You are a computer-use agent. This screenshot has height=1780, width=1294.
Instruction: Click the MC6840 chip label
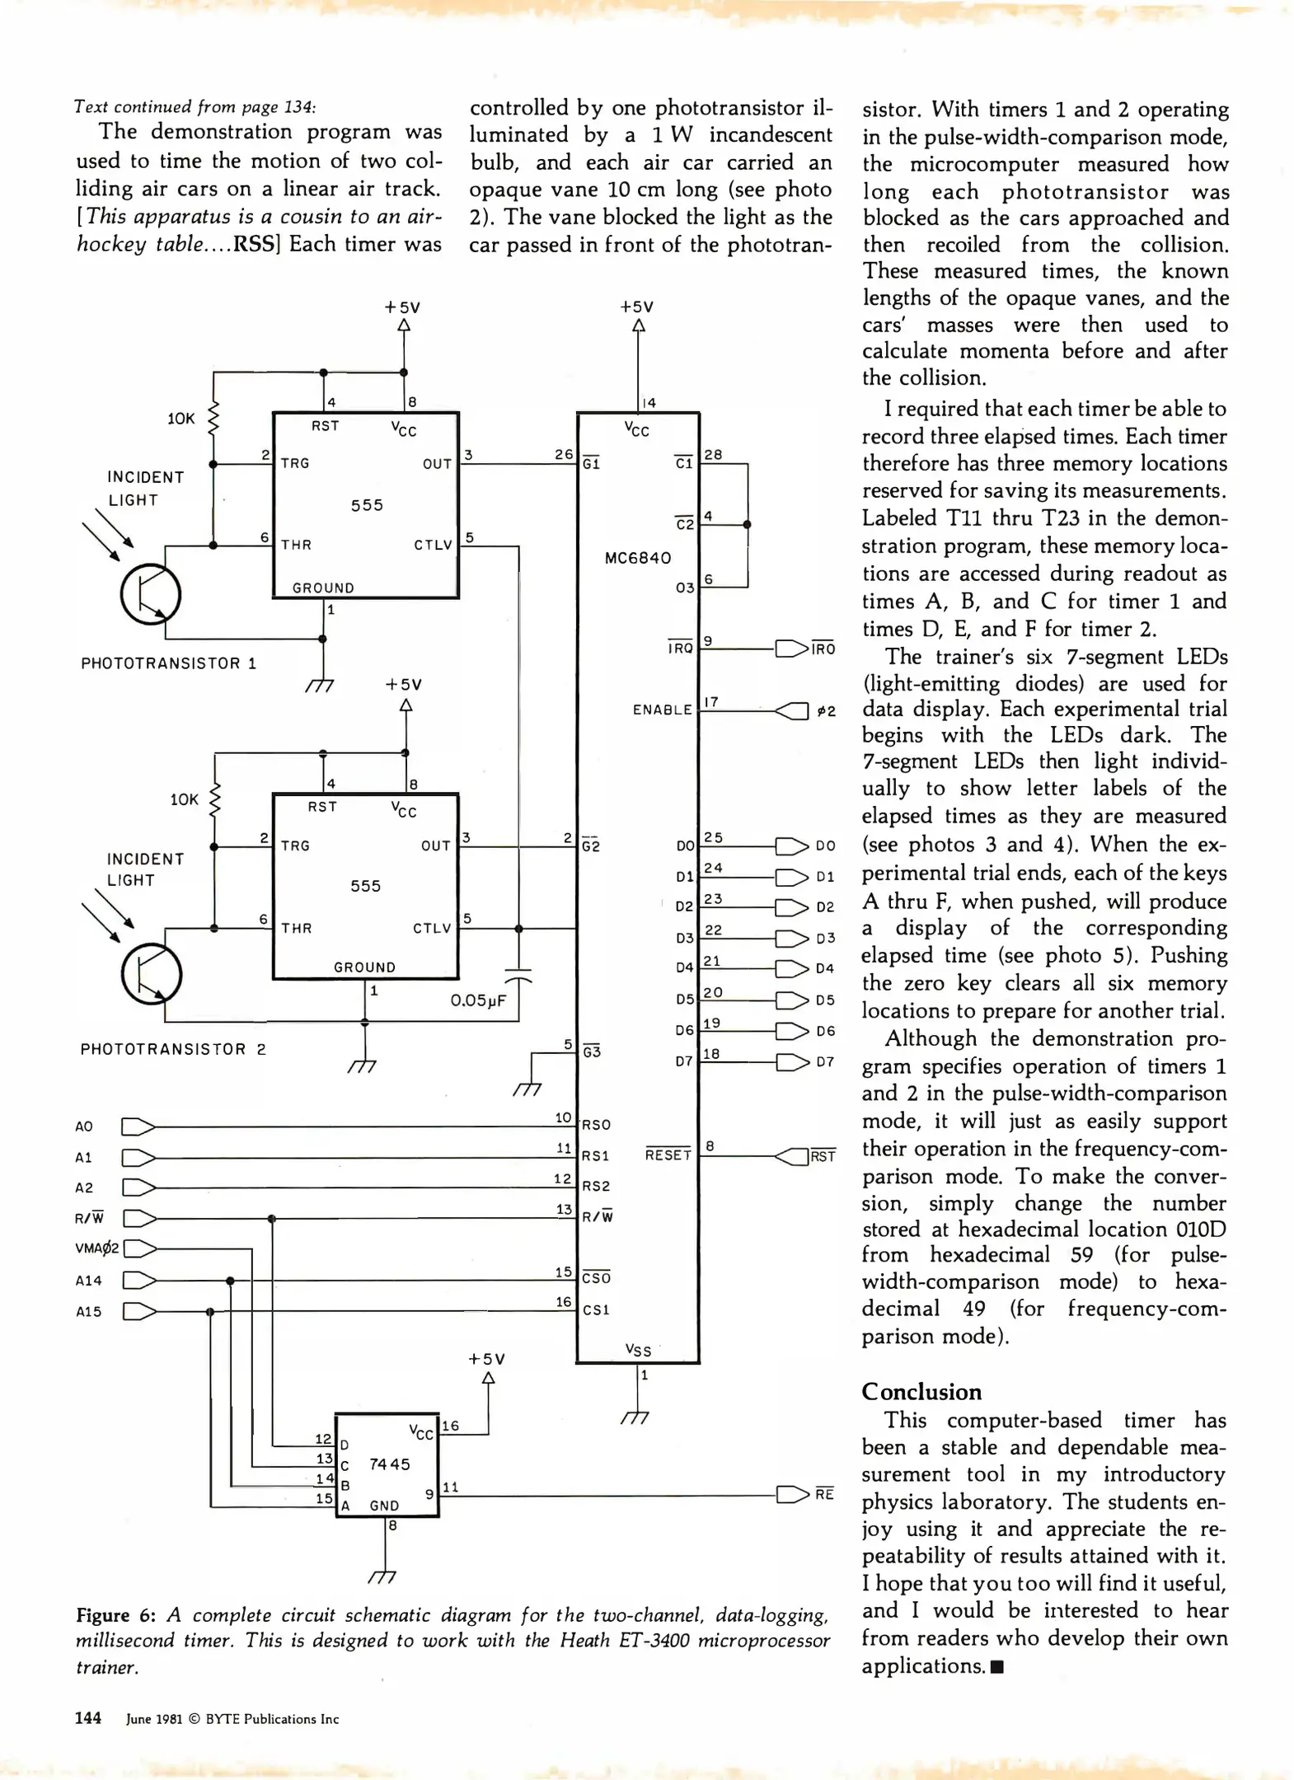click(x=638, y=558)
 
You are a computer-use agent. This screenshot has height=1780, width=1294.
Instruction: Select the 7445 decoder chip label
click(x=390, y=1464)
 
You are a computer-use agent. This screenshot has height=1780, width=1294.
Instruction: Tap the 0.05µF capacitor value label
click(x=478, y=1000)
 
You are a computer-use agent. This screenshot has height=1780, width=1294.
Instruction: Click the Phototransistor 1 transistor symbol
click(x=151, y=594)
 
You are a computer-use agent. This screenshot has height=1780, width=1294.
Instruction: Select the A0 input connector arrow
click(x=138, y=1127)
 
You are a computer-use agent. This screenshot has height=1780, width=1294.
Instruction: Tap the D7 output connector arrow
click(x=792, y=1061)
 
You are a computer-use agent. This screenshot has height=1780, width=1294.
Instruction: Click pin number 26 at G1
click(x=564, y=454)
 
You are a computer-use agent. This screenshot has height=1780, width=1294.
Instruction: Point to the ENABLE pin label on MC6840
click(x=663, y=710)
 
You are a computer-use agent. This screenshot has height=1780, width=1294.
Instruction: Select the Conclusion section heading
click(x=921, y=1392)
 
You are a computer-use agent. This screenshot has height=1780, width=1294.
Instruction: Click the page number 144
click(x=88, y=1718)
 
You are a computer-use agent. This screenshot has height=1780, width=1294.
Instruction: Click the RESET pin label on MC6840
click(x=668, y=1155)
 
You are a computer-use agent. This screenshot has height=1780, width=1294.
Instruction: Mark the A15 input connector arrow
click(x=139, y=1311)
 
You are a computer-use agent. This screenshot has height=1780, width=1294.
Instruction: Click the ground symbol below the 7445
click(x=383, y=1576)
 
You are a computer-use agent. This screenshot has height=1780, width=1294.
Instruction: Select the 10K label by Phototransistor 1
click(x=181, y=419)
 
